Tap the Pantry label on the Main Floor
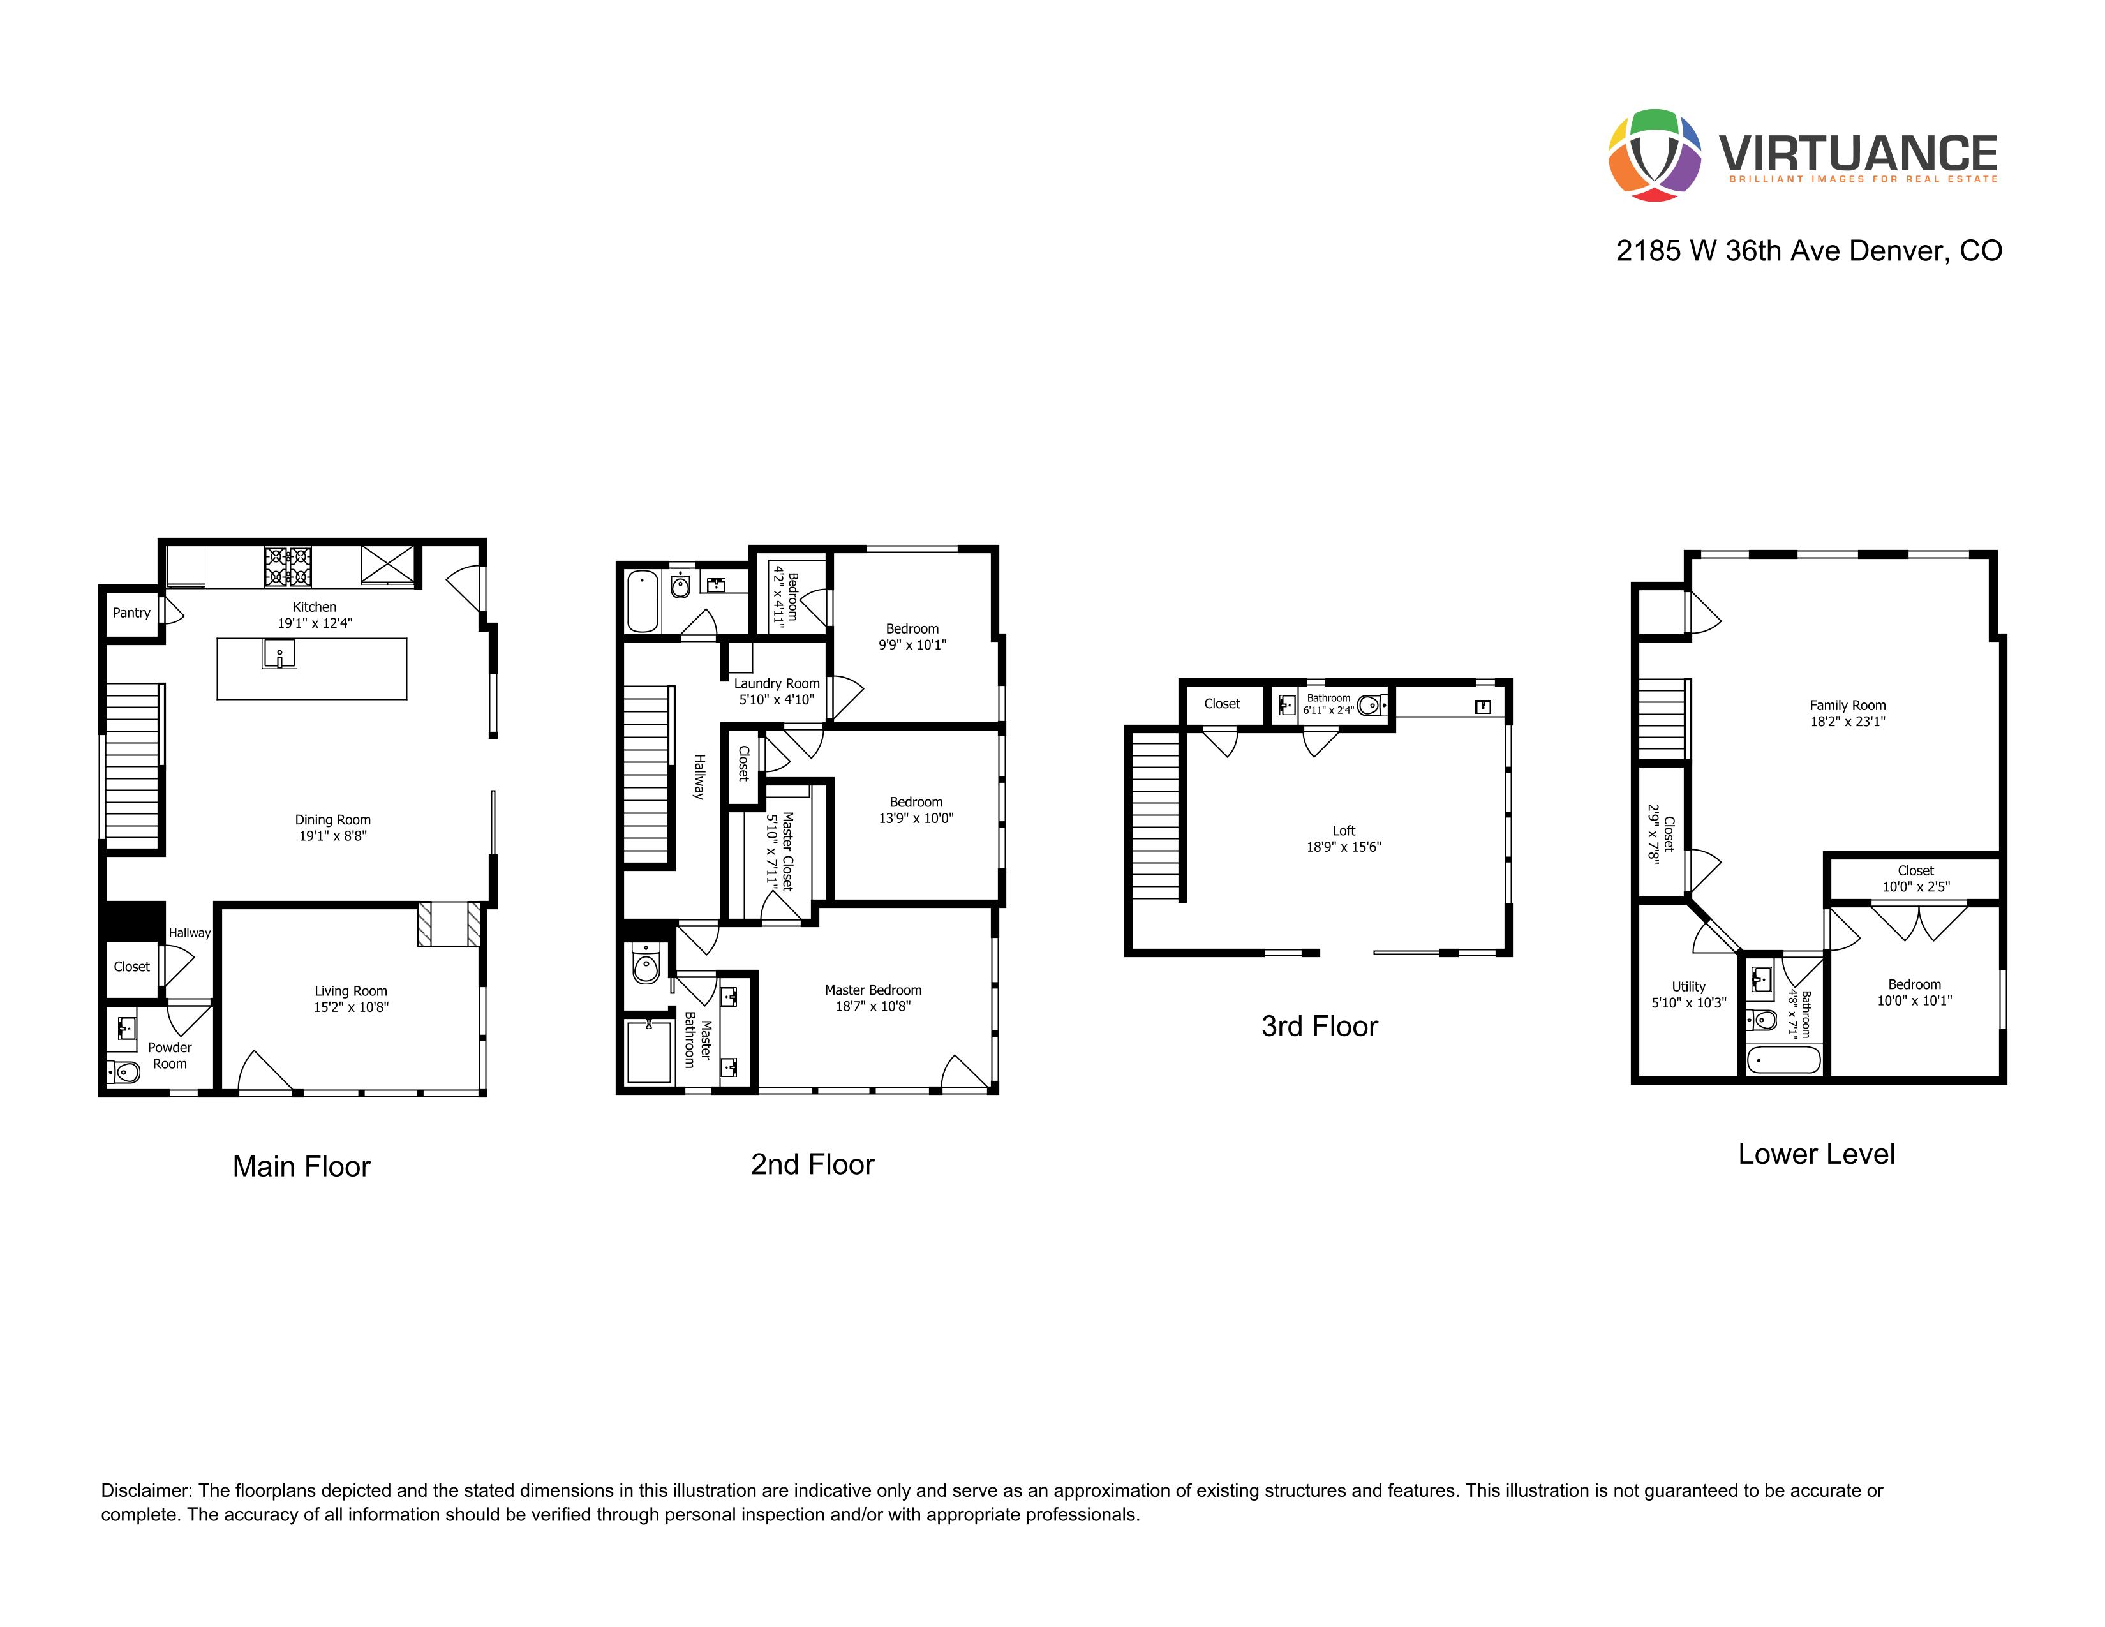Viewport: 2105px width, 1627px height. point(131,613)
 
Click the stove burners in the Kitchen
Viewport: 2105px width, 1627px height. point(288,566)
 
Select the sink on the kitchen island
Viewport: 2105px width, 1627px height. point(279,655)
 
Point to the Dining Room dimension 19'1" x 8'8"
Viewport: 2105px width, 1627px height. point(332,836)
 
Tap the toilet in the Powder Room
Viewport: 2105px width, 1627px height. point(124,1071)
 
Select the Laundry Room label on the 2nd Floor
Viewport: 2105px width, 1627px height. point(776,683)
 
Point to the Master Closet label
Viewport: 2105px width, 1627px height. point(787,851)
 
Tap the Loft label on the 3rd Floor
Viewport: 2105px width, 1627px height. point(1344,831)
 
